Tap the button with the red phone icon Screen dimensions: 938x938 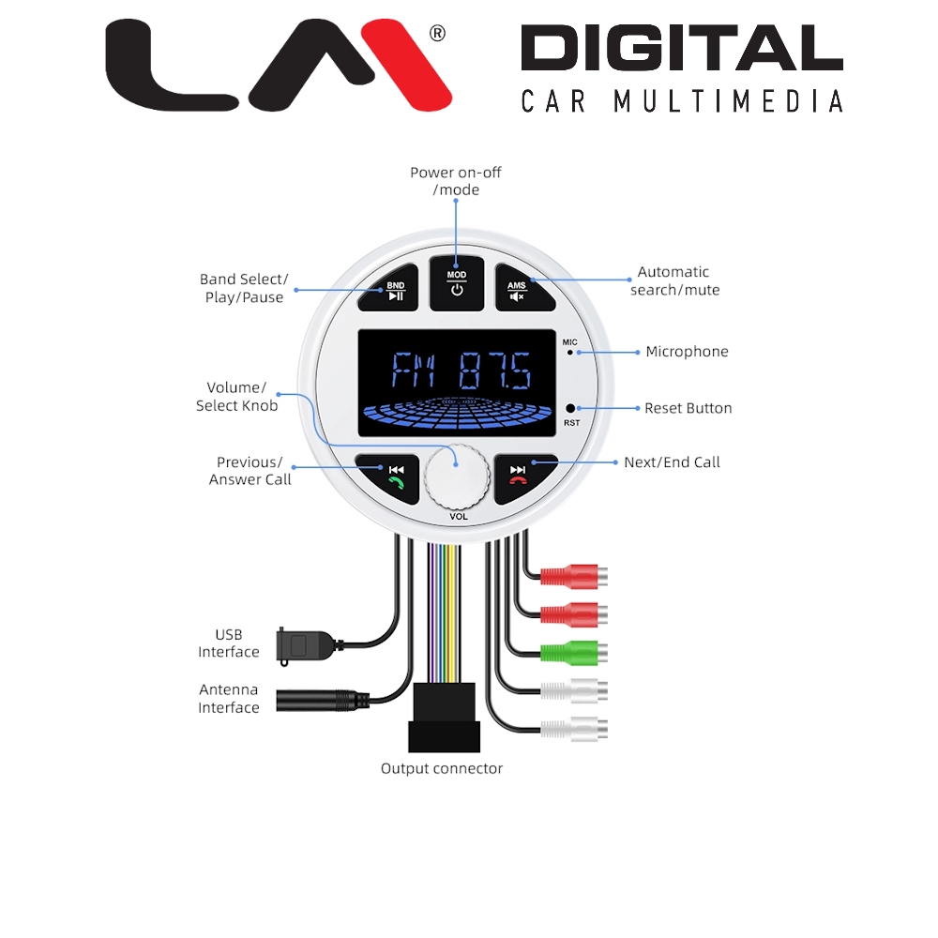(x=519, y=476)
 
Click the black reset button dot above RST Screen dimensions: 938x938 (x=570, y=409)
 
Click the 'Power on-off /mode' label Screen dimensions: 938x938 (x=457, y=181)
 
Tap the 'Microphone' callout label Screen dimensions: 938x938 (x=687, y=352)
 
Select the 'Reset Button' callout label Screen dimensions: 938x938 (x=688, y=408)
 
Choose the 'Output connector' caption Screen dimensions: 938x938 (x=442, y=769)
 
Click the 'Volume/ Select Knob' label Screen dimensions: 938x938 (x=236, y=397)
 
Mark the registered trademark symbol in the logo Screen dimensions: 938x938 (x=436, y=34)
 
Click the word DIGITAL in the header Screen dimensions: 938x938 (x=681, y=50)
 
